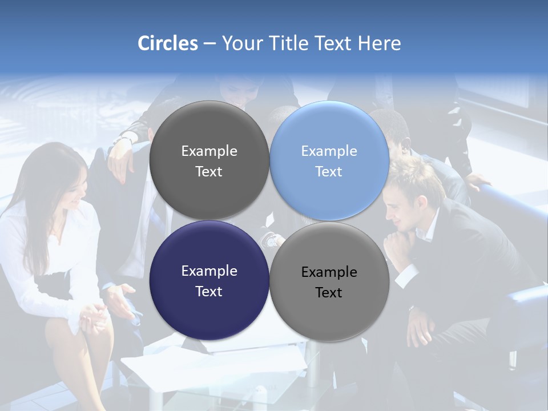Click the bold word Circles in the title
pos(168,43)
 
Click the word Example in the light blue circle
pos(329,151)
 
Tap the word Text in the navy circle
pos(209,292)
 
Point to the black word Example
pos(329,272)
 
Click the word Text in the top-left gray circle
pos(209,172)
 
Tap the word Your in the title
pos(240,43)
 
